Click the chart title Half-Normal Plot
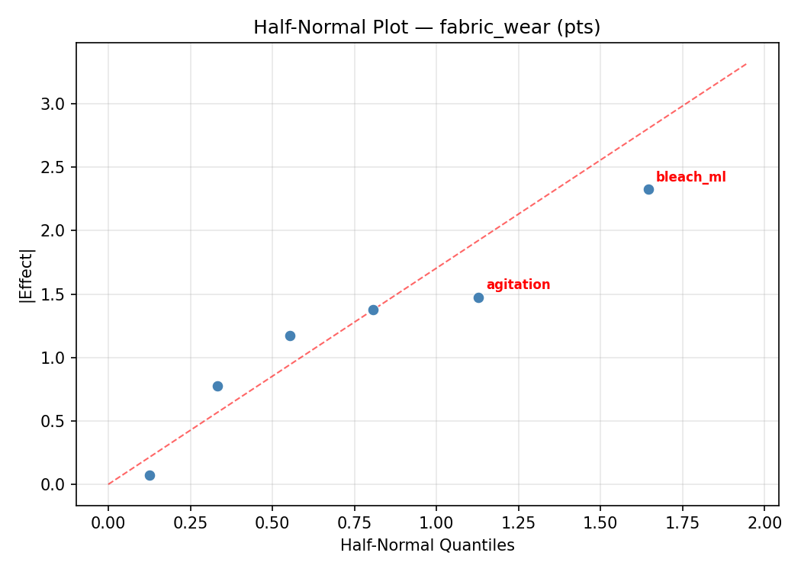[426, 27]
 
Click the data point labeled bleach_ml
[648, 189]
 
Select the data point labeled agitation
[478, 297]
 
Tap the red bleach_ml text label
[690, 177]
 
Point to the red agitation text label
[518, 285]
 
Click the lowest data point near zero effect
[150, 475]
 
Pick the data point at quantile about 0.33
[217, 386]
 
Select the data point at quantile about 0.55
[290, 336]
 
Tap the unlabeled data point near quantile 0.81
[373, 310]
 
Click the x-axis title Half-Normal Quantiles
[427, 545]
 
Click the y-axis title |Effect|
[27, 275]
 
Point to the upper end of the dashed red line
[746, 63]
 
